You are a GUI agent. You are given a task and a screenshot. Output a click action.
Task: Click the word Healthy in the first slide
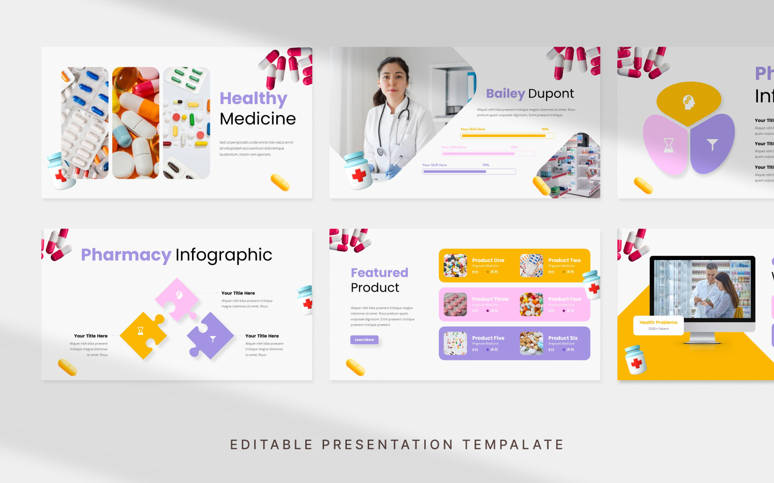click(x=253, y=98)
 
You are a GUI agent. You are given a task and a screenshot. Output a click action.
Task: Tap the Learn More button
click(x=364, y=340)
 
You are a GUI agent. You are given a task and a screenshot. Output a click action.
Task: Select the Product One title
click(x=488, y=260)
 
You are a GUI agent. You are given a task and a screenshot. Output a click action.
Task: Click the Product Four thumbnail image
click(x=531, y=304)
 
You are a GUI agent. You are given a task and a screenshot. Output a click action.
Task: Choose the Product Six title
click(x=563, y=338)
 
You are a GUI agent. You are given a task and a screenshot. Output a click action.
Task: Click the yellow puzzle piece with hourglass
click(x=141, y=333)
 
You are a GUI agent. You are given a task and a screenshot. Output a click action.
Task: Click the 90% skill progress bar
click(x=506, y=136)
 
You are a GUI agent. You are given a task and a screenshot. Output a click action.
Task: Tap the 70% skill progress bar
click(x=468, y=171)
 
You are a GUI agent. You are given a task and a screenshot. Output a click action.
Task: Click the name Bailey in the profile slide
click(x=505, y=93)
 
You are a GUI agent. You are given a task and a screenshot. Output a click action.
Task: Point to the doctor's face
click(x=393, y=77)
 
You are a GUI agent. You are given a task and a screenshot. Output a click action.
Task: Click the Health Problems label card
click(x=658, y=325)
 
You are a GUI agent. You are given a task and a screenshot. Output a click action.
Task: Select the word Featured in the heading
click(x=379, y=273)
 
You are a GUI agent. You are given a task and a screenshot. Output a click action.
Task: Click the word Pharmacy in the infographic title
click(x=126, y=255)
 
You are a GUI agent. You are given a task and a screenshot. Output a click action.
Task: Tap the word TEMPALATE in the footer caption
click(x=513, y=444)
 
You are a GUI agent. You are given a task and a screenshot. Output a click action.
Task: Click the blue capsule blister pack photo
click(x=85, y=123)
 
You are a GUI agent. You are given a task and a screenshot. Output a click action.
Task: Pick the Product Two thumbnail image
click(x=531, y=265)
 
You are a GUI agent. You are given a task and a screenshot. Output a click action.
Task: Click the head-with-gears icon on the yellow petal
click(x=688, y=102)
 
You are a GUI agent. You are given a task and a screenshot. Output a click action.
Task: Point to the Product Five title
click(x=488, y=338)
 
